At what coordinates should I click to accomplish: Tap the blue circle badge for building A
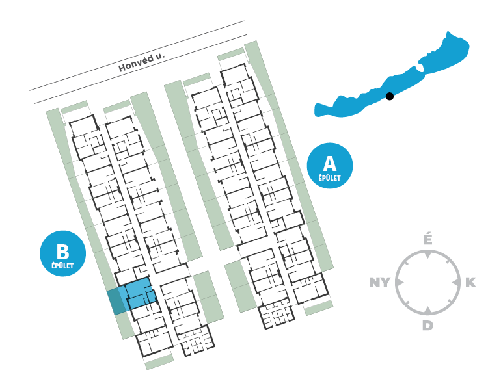[x=329, y=165]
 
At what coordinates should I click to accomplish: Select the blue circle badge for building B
[x=62, y=253]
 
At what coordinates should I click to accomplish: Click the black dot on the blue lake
[x=390, y=96]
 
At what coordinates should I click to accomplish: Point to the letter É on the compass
[x=427, y=240]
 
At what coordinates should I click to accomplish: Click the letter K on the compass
[x=470, y=283]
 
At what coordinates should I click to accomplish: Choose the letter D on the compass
[x=427, y=325]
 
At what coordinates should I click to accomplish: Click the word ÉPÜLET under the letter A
[x=329, y=177]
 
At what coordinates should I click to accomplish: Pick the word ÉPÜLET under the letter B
[x=62, y=265]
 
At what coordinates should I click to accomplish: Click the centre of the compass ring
[x=427, y=283]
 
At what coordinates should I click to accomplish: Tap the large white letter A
[x=329, y=162]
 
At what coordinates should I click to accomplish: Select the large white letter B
[x=62, y=251]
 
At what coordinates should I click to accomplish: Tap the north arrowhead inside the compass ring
[x=427, y=255]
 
